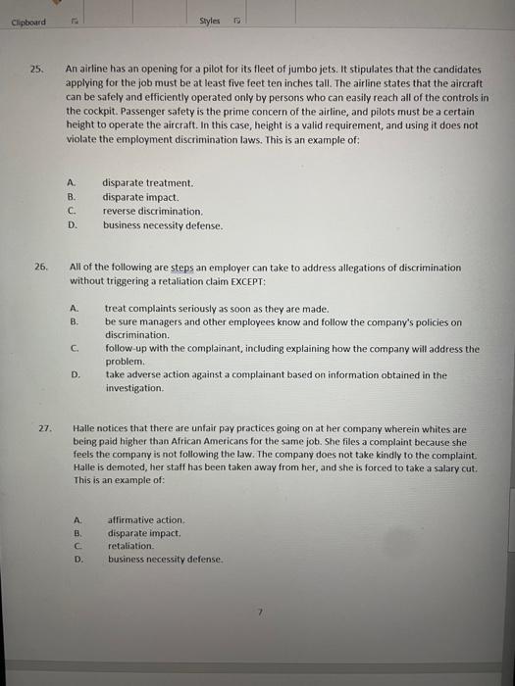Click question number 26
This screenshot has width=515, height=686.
pyautogui.click(x=40, y=268)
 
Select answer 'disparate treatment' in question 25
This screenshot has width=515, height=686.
pyautogui.click(x=148, y=183)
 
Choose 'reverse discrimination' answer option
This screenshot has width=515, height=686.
pyautogui.click(x=153, y=212)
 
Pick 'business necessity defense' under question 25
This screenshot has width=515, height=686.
pyautogui.click(x=163, y=225)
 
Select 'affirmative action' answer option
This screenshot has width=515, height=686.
pyautogui.click(x=146, y=519)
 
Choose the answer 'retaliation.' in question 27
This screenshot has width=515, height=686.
pyautogui.click(x=131, y=546)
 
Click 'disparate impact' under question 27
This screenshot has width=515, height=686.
pyautogui.click(x=145, y=533)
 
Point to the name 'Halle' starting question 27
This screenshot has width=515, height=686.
pyautogui.click(x=85, y=429)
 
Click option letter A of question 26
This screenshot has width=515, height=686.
pyautogui.click(x=75, y=309)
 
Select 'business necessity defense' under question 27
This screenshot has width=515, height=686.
pyautogui.click(x=165, y=560)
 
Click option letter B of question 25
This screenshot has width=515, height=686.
pyautogui.click(x=71, y=197)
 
